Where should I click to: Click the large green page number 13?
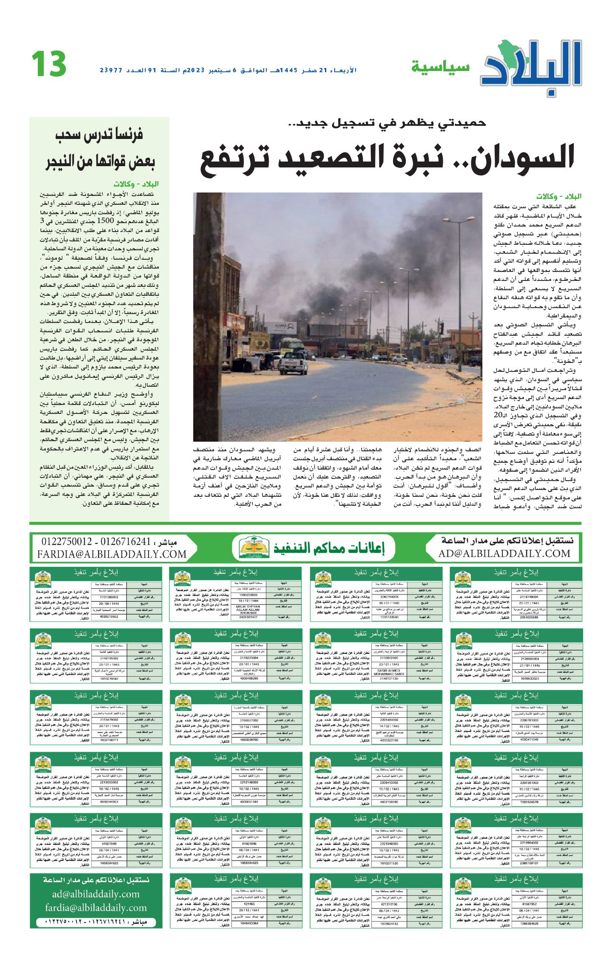pos(49,64)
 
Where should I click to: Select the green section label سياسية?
pos(440,67)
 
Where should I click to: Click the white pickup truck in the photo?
pos(294,362)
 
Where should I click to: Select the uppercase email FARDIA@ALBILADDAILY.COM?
pos(112,554)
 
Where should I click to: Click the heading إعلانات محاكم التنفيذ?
pos(329,548)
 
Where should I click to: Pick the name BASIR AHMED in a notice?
pos(388,671)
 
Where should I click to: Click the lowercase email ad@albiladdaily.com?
pos(96,894)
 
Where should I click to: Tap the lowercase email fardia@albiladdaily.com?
pos(96,908)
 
